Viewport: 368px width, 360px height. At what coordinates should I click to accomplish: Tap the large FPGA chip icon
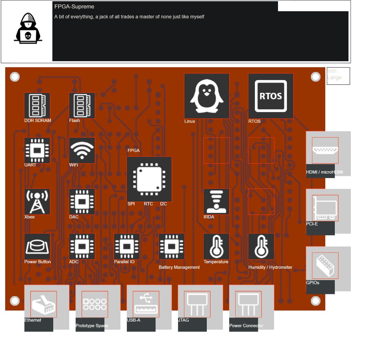tap(149, 179)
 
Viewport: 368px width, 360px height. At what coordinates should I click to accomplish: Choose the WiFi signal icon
tap(82, 150)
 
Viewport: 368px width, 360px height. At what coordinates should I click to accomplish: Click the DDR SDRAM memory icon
tap(37, 106)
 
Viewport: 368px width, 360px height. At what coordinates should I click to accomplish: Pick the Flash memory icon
tap(82, 106)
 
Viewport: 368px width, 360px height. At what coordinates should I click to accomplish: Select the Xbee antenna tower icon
tap(37, 202)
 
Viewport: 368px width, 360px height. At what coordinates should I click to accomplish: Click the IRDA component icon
tap(216, 202)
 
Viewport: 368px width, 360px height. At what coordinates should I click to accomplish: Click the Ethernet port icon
tap(44, 304)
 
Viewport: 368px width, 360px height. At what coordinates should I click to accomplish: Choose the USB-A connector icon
tap(146, 304)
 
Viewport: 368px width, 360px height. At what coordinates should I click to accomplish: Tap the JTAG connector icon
tap(197, 304)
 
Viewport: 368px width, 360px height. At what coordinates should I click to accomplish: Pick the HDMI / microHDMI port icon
tap(325, 150)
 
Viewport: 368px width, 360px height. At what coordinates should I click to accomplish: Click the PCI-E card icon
tap(325, 208)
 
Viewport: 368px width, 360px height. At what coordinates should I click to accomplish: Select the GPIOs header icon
tap(325, 266)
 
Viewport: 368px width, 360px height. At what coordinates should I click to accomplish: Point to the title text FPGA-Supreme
tap(74, 7)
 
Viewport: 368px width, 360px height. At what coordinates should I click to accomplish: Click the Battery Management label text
tap(179, 267)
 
